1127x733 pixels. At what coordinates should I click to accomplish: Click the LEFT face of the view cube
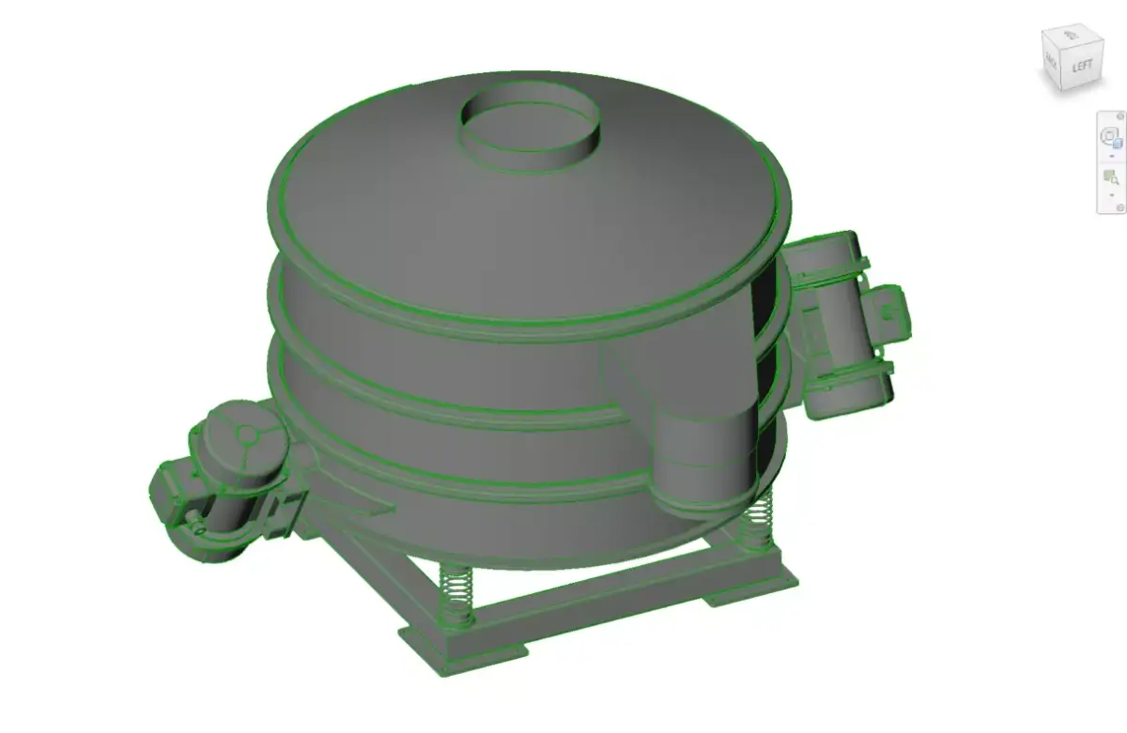[1083, 68]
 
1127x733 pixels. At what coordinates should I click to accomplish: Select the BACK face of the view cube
[1052, 64]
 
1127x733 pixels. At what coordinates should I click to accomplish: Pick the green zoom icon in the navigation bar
[1111, 176]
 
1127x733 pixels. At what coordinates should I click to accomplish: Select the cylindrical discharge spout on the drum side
[703, 460]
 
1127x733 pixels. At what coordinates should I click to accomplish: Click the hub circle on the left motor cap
[245, 435]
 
